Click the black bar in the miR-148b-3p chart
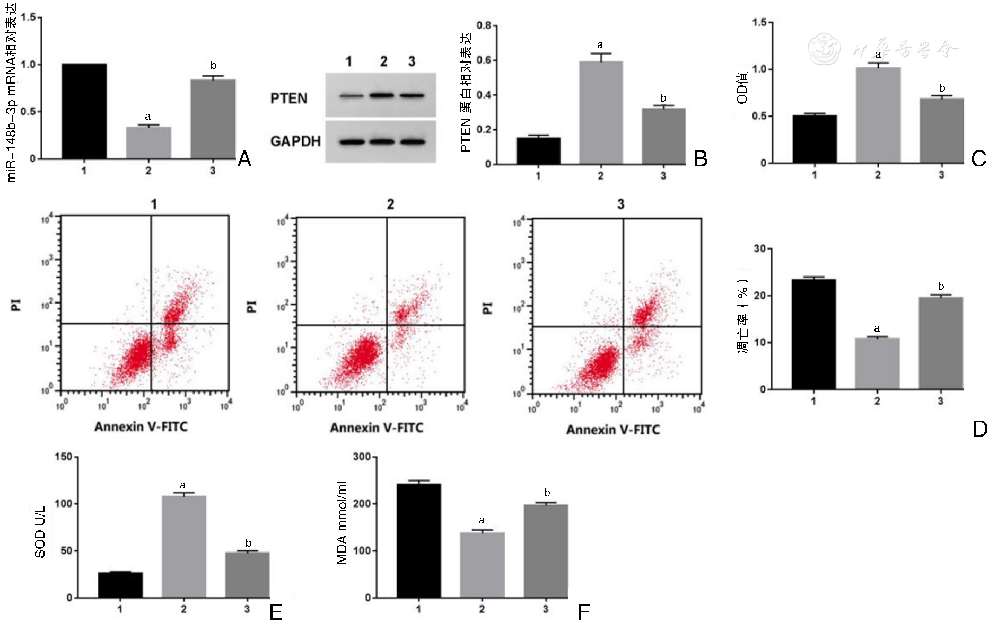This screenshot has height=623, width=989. tap(84, 111)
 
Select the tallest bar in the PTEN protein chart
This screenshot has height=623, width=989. tap(600, 112)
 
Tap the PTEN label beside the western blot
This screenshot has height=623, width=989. tap(288, 99)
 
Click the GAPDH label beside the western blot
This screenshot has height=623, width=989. tap(295, 141)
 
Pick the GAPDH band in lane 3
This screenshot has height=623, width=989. tap(413, 141)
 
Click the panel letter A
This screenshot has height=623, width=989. tap(244, 159)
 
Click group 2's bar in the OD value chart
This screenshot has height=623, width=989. tap(878, 115)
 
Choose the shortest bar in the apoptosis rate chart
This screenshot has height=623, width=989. tap(877, 363)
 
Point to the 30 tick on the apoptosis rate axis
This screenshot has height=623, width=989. tap(759, 249)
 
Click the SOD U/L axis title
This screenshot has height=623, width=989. tap(40, 532)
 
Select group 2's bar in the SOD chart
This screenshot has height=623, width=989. tap(183, 547)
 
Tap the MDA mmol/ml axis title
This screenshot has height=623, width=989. tap(342, 523)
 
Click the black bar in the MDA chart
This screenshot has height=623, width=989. tap(418, 540)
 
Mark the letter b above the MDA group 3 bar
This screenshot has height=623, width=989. tap(547, 493)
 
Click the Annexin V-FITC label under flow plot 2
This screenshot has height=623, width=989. tap(377, 428)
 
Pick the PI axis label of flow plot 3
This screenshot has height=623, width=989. tap(488, 308)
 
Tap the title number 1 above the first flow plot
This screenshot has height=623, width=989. tap(154, 204)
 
